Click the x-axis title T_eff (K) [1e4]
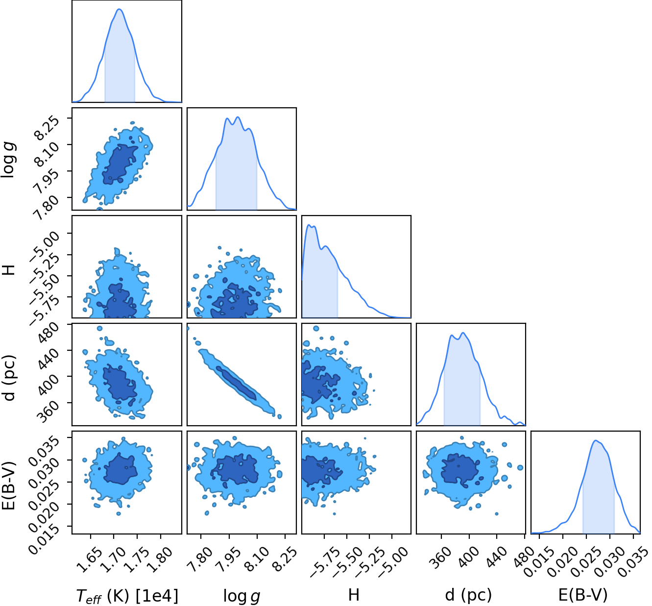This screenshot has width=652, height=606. coord(127,596)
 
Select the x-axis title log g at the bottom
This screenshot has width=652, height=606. coord(241,596)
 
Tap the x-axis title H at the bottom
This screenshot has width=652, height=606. coord(354,595)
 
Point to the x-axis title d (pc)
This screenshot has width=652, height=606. coord(468,595)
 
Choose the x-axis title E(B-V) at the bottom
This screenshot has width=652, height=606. coord(583,595)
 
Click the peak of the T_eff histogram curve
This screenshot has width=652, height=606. coord(120,9)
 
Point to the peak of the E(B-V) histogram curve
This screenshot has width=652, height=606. coord(595,440)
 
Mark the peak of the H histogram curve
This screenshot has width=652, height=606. coord(309,225)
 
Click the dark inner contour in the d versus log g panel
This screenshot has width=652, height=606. coord(236,383)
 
